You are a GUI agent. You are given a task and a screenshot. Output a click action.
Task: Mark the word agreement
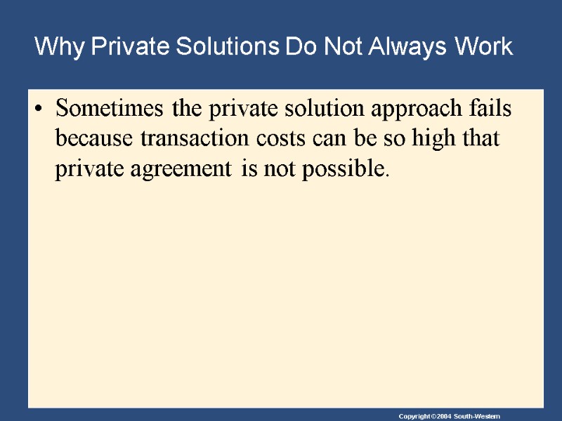click(185, 168)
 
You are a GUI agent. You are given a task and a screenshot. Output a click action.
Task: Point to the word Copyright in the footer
click(413, 417)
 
